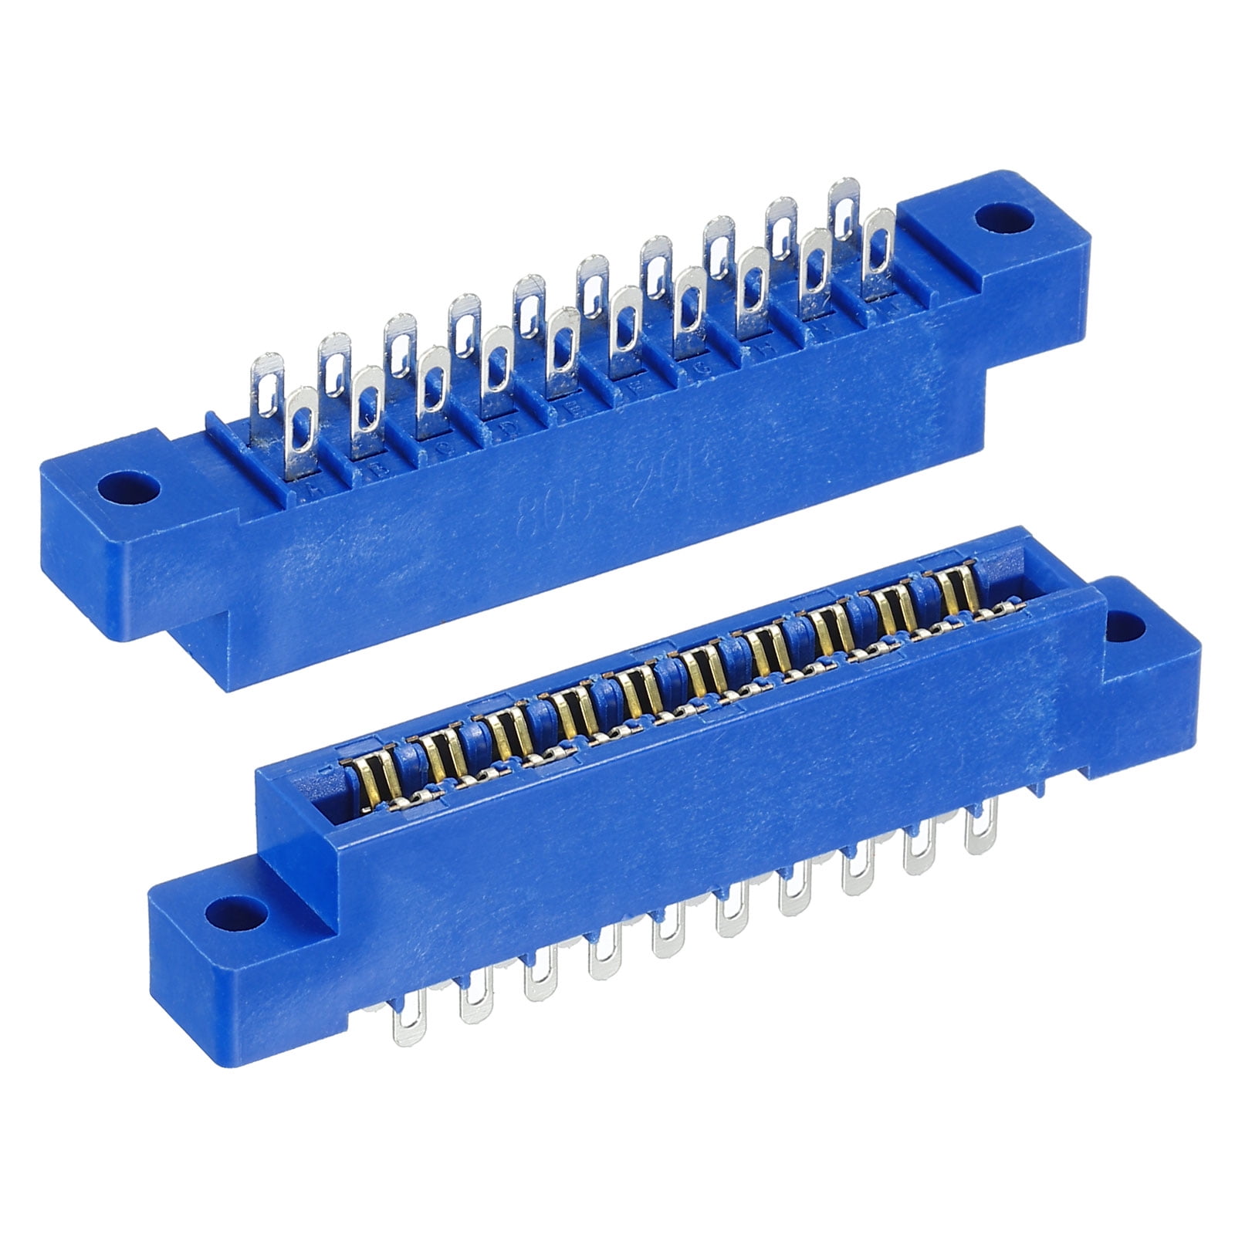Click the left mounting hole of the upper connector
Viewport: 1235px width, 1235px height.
(129, 488)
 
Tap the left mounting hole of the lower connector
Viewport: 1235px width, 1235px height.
(236, 916)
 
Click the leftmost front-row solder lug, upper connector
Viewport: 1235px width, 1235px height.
(300, 432)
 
